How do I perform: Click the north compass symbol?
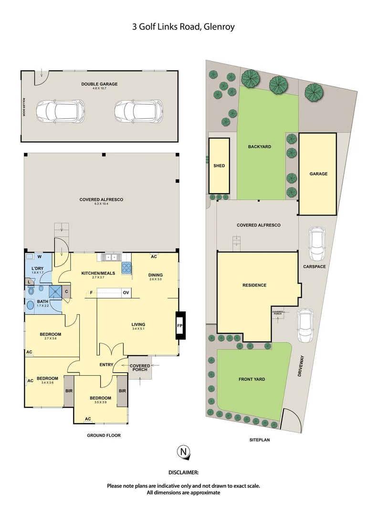(183, 452)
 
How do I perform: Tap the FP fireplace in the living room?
(180, 326)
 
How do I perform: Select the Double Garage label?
(99, 84)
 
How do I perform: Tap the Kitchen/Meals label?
(94, 273)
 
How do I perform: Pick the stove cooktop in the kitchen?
(126, 268)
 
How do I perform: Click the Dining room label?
(156, 275)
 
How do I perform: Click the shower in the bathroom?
(56, 292)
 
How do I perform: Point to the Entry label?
(106, 365)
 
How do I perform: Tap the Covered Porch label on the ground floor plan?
(140, 368)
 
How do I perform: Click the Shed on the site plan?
(219, 165)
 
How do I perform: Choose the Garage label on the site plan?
(318, 174)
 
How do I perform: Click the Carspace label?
(314, 267)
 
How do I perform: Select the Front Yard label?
(252, 380)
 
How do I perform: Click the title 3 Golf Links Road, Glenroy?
(183, 27)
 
